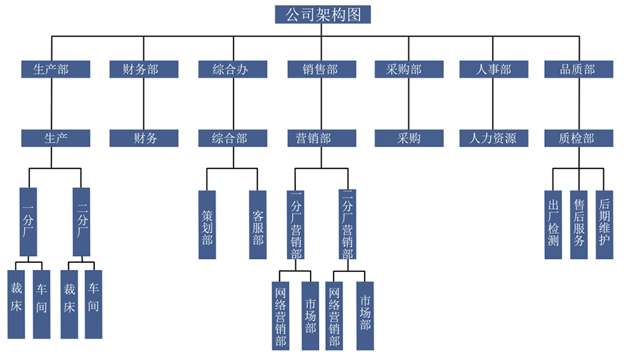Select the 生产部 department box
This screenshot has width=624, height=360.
(55, 69)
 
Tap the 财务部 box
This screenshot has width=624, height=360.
(144, 69)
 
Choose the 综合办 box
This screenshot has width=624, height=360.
(232, 69)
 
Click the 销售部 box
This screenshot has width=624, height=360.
(321, 69)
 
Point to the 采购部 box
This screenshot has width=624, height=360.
(409, 69)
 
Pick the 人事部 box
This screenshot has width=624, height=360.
(494, 69)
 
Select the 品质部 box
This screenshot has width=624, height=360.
(578, 69)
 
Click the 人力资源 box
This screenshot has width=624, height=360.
(494, 138)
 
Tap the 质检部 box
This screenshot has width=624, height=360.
(578, 138)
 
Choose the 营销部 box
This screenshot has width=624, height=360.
(321, 138)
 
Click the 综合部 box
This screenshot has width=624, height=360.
(232, 138)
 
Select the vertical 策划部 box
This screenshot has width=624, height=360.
(207, 225)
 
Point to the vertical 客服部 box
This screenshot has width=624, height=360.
(258, 225)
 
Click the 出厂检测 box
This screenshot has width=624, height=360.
(553, 225)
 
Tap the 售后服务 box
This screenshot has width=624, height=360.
(579, 225)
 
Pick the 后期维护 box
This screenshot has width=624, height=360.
(605, 225)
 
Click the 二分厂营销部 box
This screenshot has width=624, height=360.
(348, 225)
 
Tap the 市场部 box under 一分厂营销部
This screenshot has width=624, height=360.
(311, 315)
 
